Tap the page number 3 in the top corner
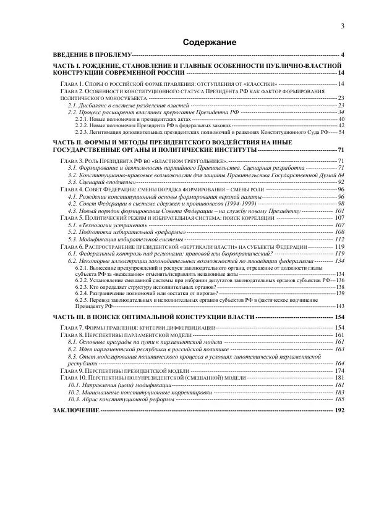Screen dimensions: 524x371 (342, 25)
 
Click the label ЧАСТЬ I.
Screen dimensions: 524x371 (69, 65)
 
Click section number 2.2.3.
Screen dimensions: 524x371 (82, 131)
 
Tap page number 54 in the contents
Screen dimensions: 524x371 (341, 131)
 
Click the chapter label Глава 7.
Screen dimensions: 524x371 (72, 326)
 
